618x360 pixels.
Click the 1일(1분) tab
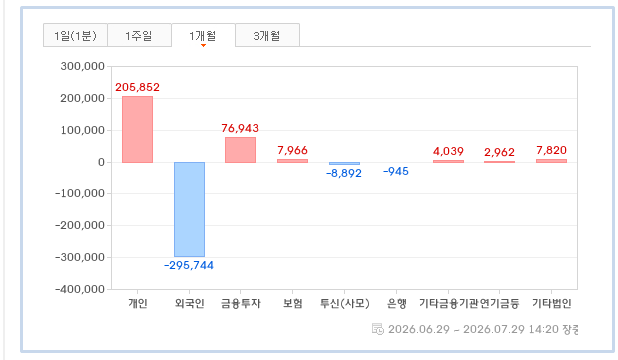coord(75,35)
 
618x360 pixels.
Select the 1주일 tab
coord(139,35)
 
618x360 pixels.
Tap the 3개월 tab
coord(267,35)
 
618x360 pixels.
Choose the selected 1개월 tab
coord(203,35)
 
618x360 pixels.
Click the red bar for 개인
coord(137,129)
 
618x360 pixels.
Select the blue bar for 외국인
coord(189,209)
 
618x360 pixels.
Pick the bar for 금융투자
coord(240,150)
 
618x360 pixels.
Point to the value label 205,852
coord(137,87)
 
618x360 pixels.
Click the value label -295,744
coord(189,265)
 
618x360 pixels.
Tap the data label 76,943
coord(240,128)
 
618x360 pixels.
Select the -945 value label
coord(396,172)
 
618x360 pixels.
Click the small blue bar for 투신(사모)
coord(344,164)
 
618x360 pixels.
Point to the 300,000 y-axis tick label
coord(82,66)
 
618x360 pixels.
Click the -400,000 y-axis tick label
coord(80,289)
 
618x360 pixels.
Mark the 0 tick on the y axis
coord(101,162)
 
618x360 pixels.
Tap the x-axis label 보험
coord(292,303)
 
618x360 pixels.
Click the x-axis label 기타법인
coord(551,303)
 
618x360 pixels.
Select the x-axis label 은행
coord(396,303)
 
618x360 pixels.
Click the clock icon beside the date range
coord(378,329)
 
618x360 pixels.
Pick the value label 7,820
coord(551,150)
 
